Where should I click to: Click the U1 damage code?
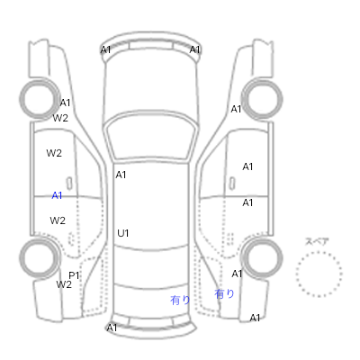point(123,233)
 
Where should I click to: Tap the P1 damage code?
point(74,275)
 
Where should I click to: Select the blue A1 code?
point(57,195)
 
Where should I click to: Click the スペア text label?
point(317,241)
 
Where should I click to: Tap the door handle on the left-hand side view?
point(69,184)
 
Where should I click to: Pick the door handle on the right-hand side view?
point(232,184)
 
